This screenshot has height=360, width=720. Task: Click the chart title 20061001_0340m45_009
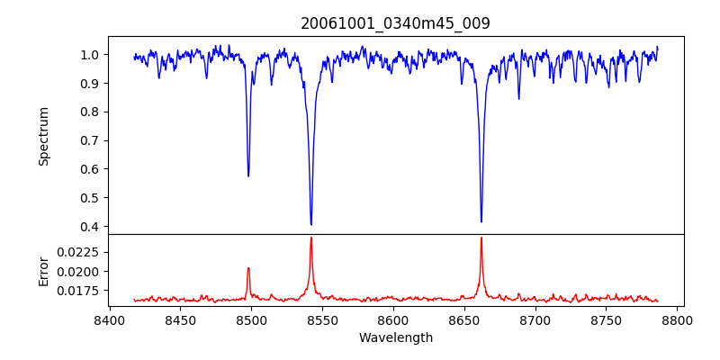pos(395,23)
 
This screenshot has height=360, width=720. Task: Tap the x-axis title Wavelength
pos(395,338)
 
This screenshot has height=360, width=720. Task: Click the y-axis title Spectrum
pos(43,136)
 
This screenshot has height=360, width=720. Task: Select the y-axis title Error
pos(43,270)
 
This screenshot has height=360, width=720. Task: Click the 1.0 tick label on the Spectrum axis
pos(91,55)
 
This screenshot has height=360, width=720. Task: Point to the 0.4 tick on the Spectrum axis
pos(91,227)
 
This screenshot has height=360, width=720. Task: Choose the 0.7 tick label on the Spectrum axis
pos(91,140)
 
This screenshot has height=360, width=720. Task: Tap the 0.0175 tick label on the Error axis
pos(82,292)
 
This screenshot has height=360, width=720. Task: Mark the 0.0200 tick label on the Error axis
pos(82,272)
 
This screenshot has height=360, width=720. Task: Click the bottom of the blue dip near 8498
pos(248,175)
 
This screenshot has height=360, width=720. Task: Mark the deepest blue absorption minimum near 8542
pos(310,224)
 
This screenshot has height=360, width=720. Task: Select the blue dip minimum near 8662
pos(481,221)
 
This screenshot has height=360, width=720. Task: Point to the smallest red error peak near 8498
pos(248,268)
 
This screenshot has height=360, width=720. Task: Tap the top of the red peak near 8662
pos(481,238)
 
